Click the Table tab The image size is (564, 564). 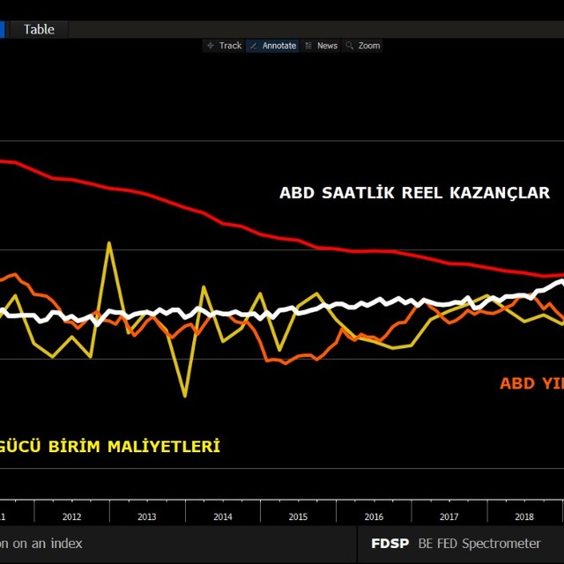point(39,29)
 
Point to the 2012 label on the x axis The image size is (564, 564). point(72,517)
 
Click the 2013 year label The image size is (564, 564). point(147,517)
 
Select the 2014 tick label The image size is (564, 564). point(223,517)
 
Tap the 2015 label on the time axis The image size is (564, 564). point(298,517)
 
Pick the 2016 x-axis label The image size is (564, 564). point(374,517)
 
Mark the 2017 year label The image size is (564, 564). point(449,517)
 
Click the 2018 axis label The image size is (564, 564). point(523,517)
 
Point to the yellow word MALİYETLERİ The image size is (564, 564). point(163,447)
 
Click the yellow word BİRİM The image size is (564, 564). point(75,447)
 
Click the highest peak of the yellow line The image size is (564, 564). point(109,243)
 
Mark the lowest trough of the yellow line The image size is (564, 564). point(185,396)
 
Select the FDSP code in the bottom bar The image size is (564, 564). point(390,543)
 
